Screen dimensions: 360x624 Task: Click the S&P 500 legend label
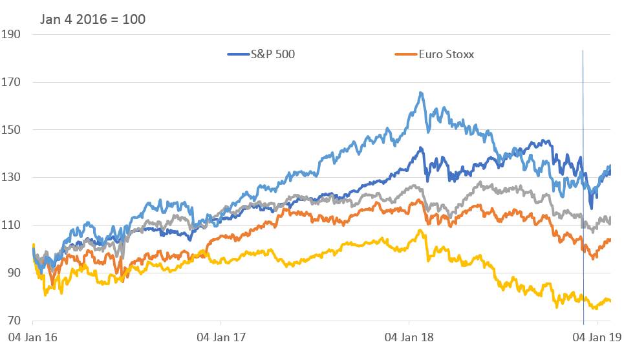(x=272, y=54)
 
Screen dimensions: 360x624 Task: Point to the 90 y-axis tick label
(x=13, y=273)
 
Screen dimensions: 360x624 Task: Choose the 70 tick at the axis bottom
(x=13, y=321)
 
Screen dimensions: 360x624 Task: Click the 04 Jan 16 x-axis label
(x=32, y=337)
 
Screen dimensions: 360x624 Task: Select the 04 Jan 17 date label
(x=221, y=337)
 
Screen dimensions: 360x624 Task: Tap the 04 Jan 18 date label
(x=409, y=337)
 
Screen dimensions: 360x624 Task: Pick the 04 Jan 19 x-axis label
(x=597, y=337)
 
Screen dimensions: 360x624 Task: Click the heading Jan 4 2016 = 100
(x=92, y=19)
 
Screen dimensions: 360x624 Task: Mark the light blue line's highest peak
(x=421, y=92)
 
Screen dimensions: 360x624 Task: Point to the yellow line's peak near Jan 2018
(x=420, y=230)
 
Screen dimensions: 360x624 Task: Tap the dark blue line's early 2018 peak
(x=420, y=148)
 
